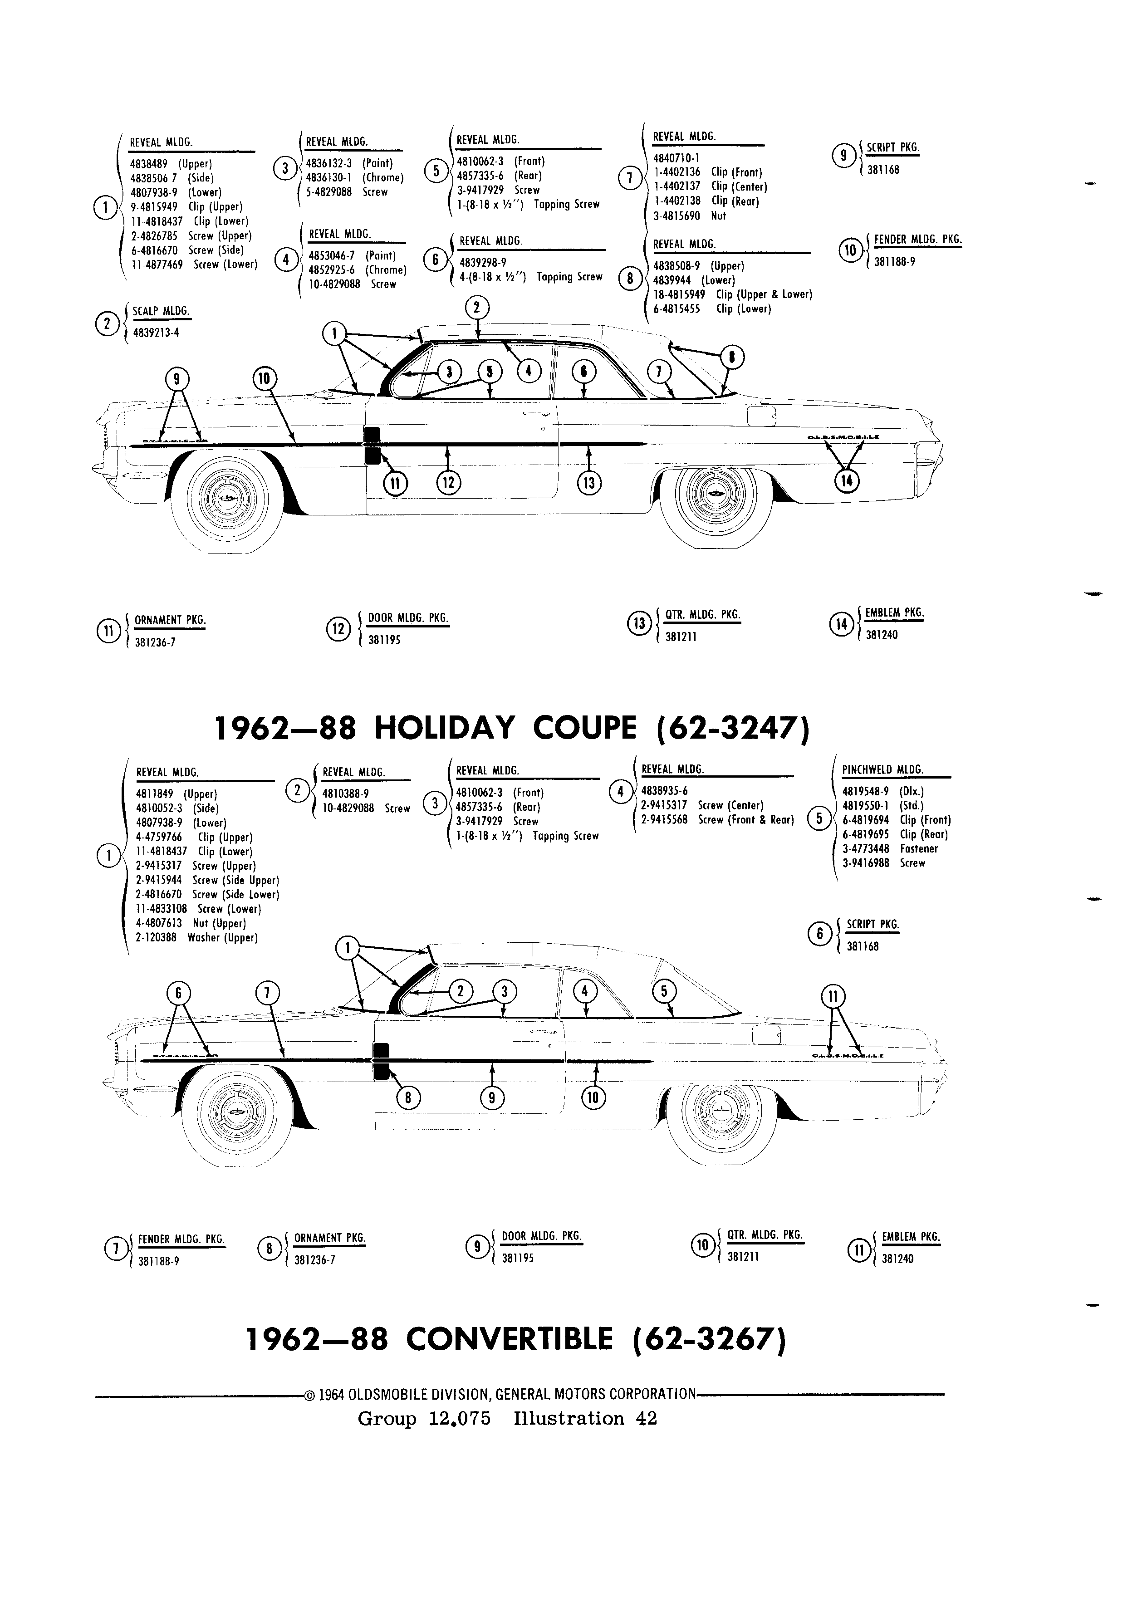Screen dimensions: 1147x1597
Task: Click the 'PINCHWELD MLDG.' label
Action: [882, 769]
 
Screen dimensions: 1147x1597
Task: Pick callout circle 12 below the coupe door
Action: [449, 482]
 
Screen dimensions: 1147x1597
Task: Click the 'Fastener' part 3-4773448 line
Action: [890, 848]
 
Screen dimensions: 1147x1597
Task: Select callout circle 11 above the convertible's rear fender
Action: [833, 996]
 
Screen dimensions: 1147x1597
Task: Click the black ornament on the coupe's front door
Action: [372, 446]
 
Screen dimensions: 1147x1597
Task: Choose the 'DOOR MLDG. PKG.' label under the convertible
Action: [541, 1236]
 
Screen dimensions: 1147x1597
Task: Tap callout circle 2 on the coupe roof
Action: [477, 307]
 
